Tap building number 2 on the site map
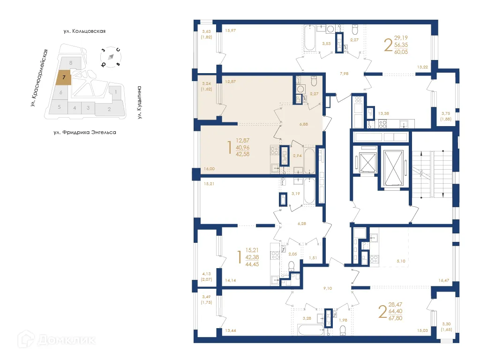coord(109,110)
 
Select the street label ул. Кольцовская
coord(84,31)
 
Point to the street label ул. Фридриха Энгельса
coord(84,133)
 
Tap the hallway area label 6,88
coord(304,124)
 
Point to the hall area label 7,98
coord(344,74)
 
